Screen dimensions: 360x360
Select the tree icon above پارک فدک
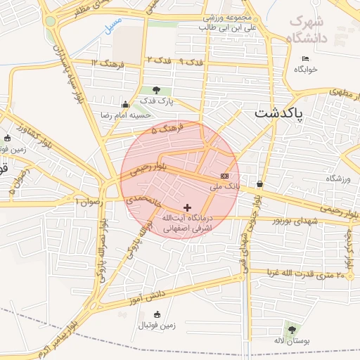[x=155, y=90]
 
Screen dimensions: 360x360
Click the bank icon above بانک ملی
[x=224, y=176]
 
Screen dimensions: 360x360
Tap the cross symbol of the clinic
[x=187, y=207]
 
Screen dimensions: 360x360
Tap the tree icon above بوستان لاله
[x=290, y=328]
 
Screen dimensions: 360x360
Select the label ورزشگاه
[x=337, y=179]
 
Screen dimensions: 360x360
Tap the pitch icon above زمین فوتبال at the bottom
[x=156, y=314]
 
